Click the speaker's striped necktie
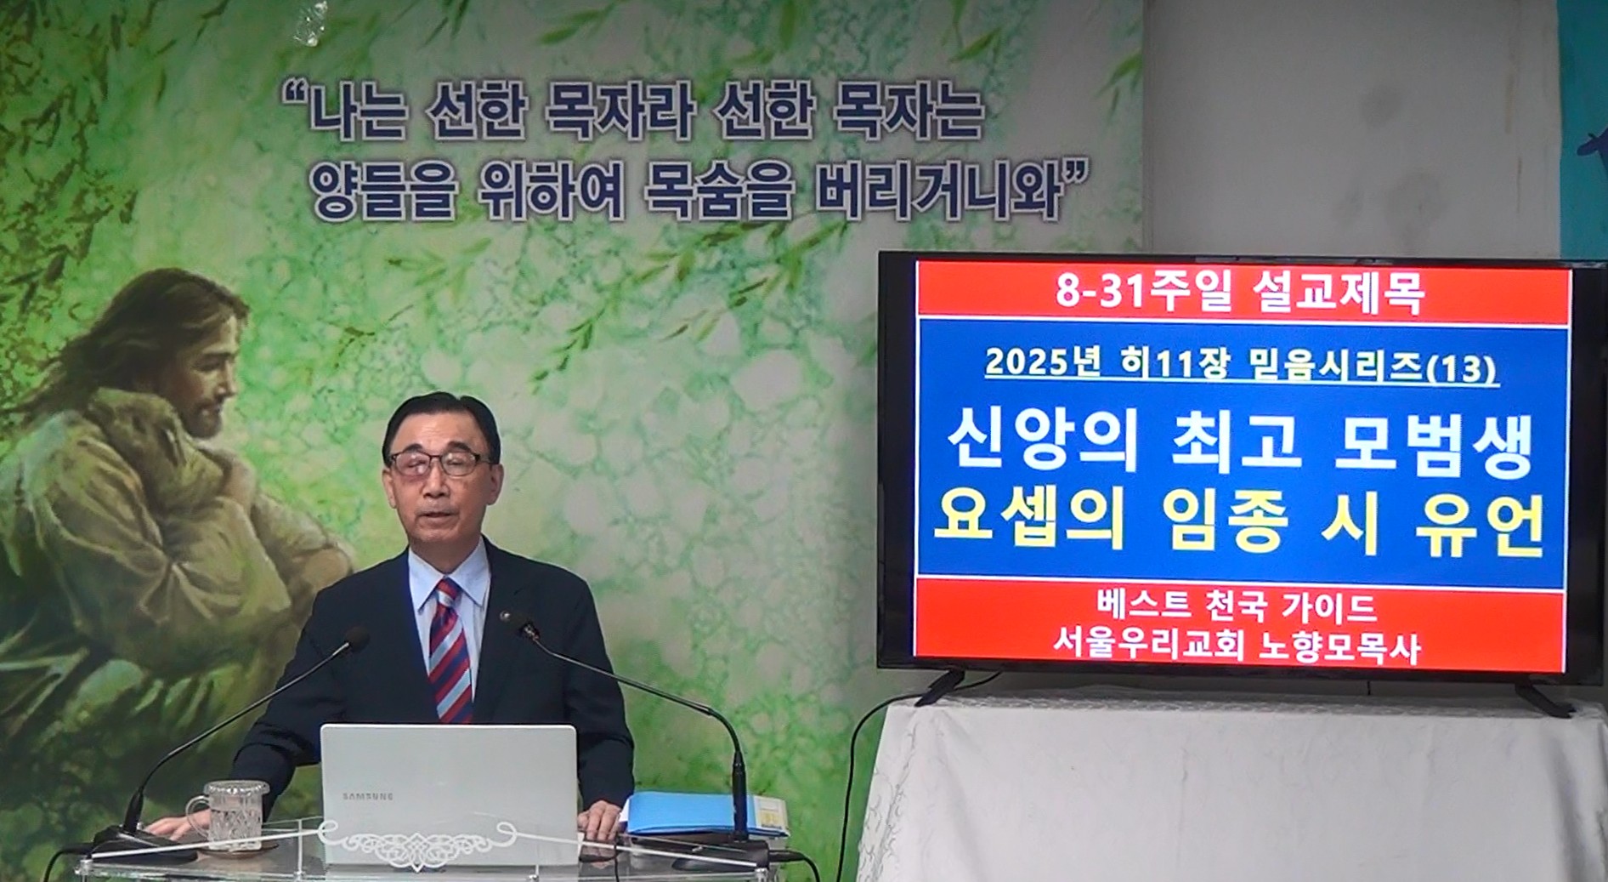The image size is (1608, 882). (450, 651)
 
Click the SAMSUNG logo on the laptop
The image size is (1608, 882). (368, 797)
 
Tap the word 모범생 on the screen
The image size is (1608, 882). (1434, 444)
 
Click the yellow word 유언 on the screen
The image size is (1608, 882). (1480, 525)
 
